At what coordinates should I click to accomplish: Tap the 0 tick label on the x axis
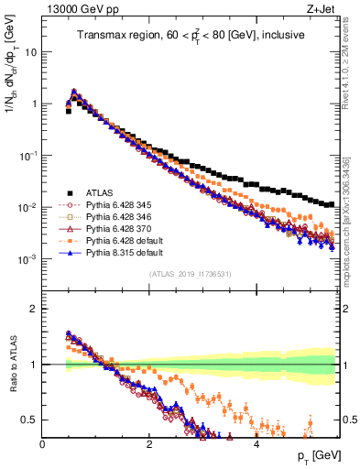click(42, 443)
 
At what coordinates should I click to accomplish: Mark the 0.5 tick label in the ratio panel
click(29, 420)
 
